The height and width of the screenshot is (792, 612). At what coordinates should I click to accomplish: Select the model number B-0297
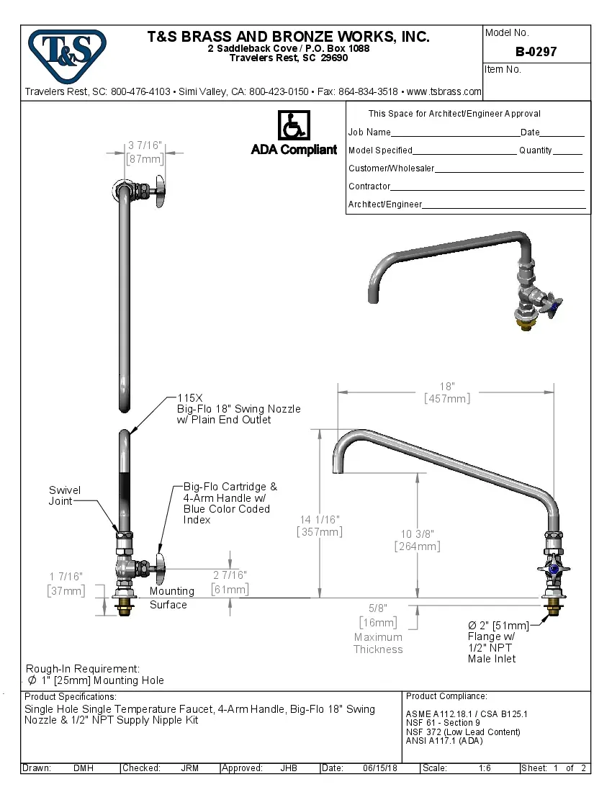(536, 53)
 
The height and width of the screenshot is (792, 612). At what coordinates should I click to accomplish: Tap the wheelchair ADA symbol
(293, 125)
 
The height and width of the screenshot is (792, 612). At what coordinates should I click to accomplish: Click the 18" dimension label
(447, 387)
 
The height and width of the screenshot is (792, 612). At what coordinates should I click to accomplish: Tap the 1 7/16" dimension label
(66, 577)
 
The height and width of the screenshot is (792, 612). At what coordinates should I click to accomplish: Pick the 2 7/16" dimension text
(230, 575)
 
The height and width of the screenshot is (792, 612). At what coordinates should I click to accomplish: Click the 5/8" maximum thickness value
(377, 609)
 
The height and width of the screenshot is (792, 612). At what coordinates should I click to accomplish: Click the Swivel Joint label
(65, 495)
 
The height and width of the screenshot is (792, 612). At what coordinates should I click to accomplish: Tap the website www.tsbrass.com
(444, 91)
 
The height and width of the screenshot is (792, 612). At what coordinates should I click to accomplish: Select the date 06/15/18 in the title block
(381, 768)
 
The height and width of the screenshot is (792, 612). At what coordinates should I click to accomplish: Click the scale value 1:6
(485, 768)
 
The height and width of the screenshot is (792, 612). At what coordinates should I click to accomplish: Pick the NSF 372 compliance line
(463, 732)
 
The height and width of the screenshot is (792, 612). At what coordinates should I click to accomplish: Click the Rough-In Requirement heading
(83, 669)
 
